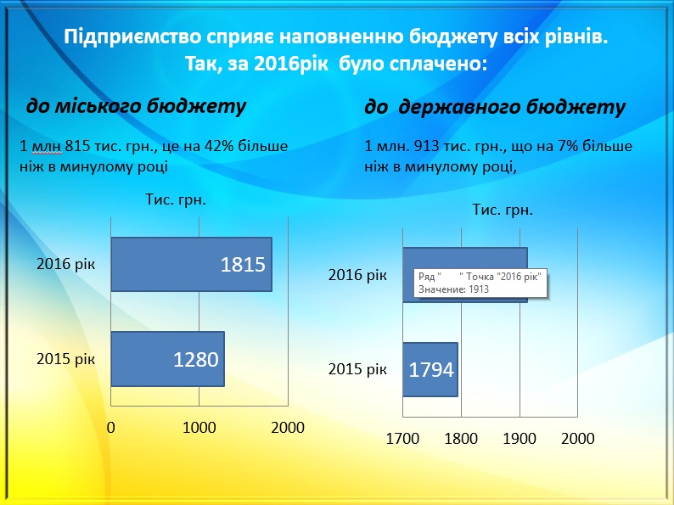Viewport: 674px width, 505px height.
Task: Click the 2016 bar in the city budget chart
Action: coord(191,264)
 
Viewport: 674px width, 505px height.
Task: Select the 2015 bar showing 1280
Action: coord(167,359)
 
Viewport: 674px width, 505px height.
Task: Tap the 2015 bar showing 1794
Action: coord(430,369)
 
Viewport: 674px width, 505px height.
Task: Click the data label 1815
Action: coord(243,264)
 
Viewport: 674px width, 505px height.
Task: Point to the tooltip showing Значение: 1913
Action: coord(480,283)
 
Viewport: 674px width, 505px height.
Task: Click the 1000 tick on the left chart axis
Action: coord(199,428)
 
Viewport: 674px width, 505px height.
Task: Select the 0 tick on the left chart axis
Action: coord(111,428)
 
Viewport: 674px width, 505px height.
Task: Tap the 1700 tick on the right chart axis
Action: coord(402,439)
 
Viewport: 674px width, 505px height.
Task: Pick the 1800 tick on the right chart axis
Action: coord(461,439)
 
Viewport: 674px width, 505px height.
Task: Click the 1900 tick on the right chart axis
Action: coord(520,439)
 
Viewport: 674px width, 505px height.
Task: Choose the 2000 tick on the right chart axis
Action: coord(578,439)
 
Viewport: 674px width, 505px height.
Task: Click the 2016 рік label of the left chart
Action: coord(65,264)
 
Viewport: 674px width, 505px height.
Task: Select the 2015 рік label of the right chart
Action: coord(357,369)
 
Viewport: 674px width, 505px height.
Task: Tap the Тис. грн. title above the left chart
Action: coord(176,199)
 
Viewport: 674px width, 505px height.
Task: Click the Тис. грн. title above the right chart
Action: coord(503,210)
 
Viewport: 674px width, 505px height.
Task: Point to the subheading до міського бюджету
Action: coord(137,106)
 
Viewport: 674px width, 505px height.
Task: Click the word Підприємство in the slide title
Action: coord(132,37)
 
